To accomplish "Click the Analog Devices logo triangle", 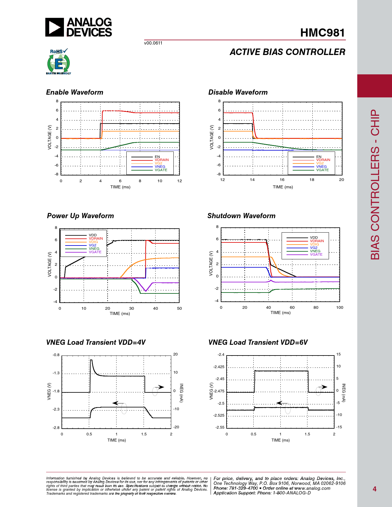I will tap(54, 27).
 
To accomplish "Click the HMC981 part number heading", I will tap(323, 33).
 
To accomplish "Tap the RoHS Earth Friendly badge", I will tap(58, 62).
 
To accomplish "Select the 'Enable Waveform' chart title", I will tap(75, 92).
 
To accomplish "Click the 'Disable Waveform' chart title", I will tap(238, 92).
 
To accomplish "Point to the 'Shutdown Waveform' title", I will tap(241, 216).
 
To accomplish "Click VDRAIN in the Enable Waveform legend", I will tap(162, 160).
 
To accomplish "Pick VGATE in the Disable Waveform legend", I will tap(323, 170).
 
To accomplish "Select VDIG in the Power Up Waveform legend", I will tap(93, 242).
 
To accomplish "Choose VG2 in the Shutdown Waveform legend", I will tap(314, 248).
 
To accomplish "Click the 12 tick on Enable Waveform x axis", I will tap(180, 181).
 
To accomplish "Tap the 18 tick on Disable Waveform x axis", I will tap(312, 180).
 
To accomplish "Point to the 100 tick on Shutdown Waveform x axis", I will tap(340, 308).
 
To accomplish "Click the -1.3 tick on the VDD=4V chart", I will tap(56, 373).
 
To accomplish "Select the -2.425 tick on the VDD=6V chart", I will tap(219, 367).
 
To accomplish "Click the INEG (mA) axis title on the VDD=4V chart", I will tap(181, 393).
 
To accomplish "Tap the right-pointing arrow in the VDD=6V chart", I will tap(323, 387).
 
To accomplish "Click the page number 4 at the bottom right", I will tap(374, 489).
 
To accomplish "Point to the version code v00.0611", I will tap(153, 43).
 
